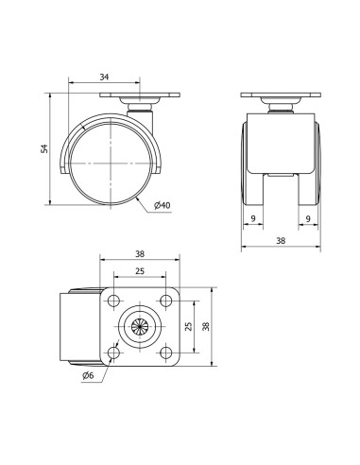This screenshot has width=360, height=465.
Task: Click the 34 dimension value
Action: (x=104, y=77)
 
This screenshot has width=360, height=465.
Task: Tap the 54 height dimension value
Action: (x=45, y=148)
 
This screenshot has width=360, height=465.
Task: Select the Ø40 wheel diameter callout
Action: (x=163, y=205)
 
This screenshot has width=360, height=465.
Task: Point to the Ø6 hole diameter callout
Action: (x=88, y=375)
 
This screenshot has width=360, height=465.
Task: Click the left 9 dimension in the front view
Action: (x=253, y=218)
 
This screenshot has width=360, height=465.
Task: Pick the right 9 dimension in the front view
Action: (x=308, y=218)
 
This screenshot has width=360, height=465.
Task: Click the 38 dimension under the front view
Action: (x=281, y=241)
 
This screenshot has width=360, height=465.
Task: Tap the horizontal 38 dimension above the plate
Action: (x=140, y=254)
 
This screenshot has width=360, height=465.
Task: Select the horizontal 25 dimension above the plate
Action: (x=140, y=271)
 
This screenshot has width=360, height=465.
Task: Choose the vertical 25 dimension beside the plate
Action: (x=188, y=326)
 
